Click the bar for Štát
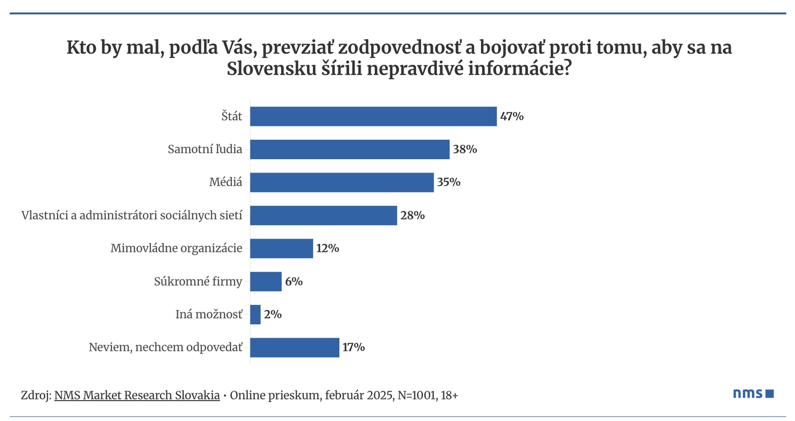coord(373,116)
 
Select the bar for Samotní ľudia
coord(349,149)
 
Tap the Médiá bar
coord(341,182)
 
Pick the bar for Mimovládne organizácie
coord(281,248)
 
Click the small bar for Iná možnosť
coord(255,315)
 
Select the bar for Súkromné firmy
coord(265,282)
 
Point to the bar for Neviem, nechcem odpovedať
coord(294,347)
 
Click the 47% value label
coord(512,116)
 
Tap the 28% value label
coord(412,215)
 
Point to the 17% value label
coord(353,347)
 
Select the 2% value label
coord(273,315)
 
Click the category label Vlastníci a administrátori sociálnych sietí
coord(132,215)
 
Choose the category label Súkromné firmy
coord(198,282)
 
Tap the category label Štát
coord(232,116)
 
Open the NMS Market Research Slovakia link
coord(137,396)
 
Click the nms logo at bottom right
coord(753,394)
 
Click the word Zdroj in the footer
coord(34,396)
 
